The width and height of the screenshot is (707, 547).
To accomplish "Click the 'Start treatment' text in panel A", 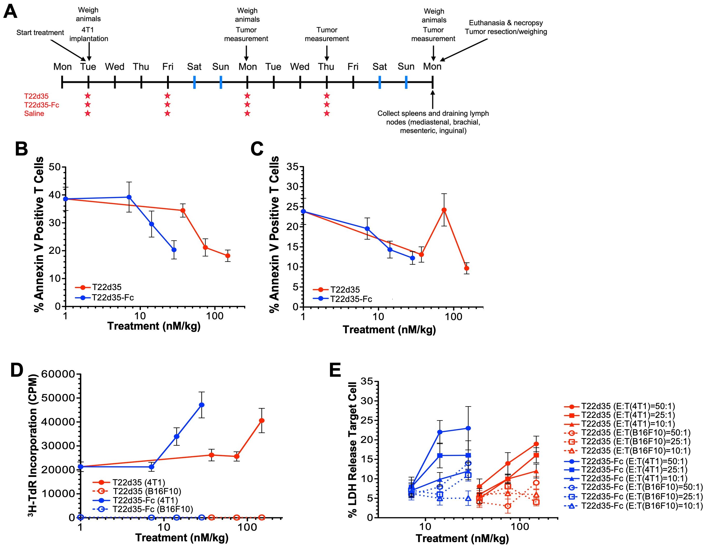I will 40,33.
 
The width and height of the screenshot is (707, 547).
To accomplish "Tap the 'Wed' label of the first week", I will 114,67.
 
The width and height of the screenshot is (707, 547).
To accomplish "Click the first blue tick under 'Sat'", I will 194,82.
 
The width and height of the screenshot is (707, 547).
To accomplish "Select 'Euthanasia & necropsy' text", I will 506,23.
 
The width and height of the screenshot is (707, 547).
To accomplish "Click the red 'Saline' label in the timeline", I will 34,114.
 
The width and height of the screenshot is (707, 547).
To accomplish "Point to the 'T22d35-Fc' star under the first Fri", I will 167,105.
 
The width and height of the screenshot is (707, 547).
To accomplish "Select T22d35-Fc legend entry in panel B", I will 112,297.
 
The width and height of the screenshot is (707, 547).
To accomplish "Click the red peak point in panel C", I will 444,210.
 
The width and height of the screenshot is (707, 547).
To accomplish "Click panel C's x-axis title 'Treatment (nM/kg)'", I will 389,329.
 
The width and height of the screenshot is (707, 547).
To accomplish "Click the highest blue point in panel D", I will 202,405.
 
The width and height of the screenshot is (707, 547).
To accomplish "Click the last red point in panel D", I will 262,420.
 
